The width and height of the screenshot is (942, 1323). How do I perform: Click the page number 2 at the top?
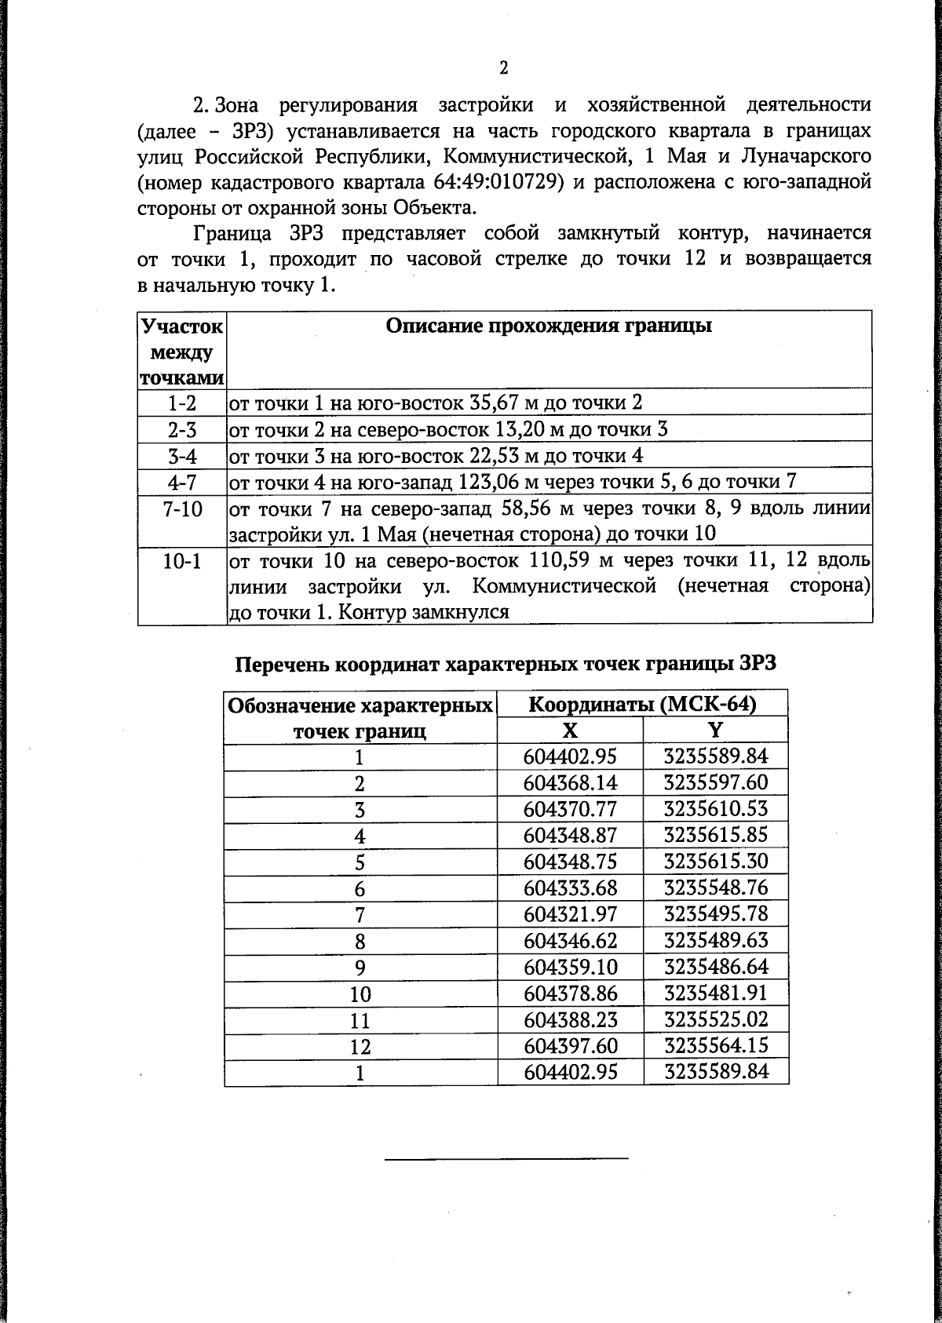click(503, 68)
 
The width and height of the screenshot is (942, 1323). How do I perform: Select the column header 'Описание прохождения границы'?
click(549, 326)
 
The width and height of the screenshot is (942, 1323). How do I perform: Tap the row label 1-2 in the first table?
click(182, 403)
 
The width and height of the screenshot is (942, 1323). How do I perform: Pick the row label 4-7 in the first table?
click(182, 482)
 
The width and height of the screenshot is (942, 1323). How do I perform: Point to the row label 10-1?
click(182, 562)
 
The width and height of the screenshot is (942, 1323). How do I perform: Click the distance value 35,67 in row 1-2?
click(495, 403)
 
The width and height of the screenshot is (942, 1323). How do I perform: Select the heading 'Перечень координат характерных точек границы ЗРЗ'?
click(506, 664)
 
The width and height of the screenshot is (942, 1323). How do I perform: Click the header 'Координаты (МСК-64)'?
click(642, 704)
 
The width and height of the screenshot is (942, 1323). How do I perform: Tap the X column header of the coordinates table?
click(571, 731)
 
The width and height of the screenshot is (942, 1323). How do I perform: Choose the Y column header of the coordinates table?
click(715, 731)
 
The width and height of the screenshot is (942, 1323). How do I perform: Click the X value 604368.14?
click(570, 783)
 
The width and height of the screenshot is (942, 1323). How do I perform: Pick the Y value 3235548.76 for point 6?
click(715, 887)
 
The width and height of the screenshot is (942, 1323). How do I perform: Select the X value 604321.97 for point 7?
click(570, 914)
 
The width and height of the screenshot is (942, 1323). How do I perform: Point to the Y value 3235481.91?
click(715, 993)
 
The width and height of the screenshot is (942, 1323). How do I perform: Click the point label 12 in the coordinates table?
click(360, 1047)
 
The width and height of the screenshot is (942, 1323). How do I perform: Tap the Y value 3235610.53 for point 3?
click(715, 809)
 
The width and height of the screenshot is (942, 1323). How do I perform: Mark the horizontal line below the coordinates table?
click(506, 1157)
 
